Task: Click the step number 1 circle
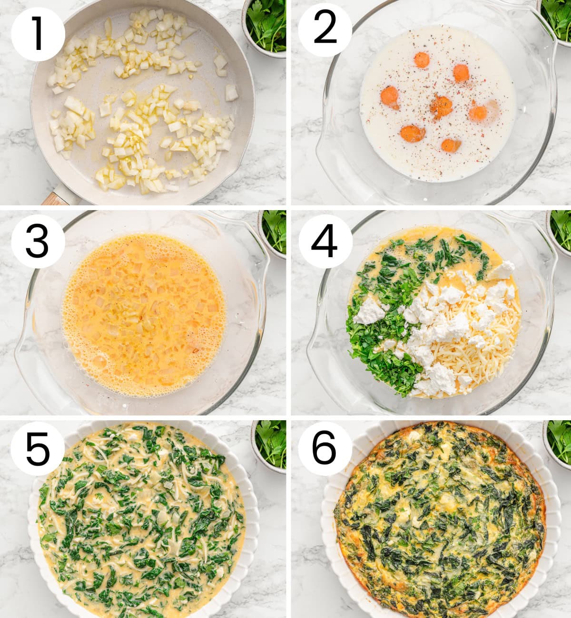pos(38,34)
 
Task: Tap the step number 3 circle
pos(38,241)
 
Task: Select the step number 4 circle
pos(325,241)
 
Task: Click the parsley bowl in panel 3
pos(274,233)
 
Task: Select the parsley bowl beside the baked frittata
pos(558,442)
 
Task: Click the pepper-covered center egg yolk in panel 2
pos(441,106)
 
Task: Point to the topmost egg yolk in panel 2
pos(421,60)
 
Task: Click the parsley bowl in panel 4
pos(559,233)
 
